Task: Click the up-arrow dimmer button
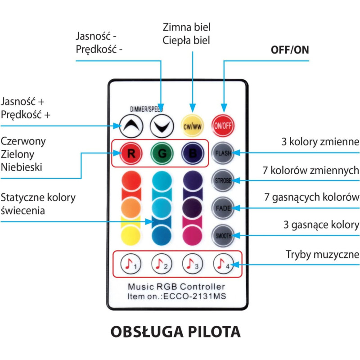pos(131,126)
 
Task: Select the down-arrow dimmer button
pos(162,126)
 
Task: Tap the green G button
pos(162,153)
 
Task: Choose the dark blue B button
pos(192,153)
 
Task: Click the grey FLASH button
pos(223,153)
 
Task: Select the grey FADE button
pos(223,208)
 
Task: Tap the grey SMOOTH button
pos(223,235)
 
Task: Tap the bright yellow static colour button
pos(131,235)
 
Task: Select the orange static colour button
pos(131,208)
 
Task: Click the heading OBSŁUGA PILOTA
pos(175,332)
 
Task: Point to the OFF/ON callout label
pos(290,50)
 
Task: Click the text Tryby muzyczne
pos(323,255)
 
